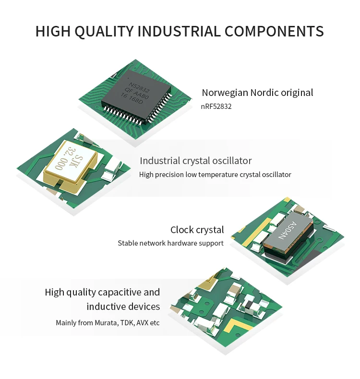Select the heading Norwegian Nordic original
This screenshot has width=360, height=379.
tap(257, 93)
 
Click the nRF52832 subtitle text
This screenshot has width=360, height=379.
tap(216, 107)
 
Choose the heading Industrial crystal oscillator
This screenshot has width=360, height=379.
tap(195, 161)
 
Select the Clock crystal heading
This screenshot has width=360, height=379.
tap(197, 230)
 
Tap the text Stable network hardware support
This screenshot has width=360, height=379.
tap(170, 243)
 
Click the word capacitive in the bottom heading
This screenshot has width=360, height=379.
tap(120, 292)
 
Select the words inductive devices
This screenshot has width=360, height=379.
tap(123, 307)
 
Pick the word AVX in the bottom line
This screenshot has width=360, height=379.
tap(143, 323)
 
